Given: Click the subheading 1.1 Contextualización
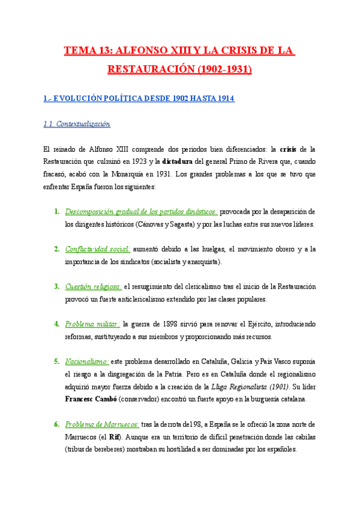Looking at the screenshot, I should [77, 124].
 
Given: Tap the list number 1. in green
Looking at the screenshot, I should [56, 212].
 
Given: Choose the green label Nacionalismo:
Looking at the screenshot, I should [86, 361].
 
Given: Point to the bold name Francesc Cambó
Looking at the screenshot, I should [90, 399].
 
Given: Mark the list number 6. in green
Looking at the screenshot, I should [56, 424].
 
